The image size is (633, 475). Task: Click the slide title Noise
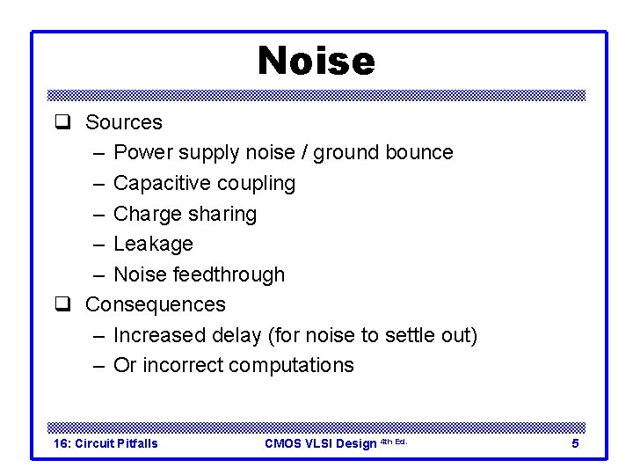pyautogui.click(x=316, y=61)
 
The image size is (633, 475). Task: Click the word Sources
pyautogui.click(x=124, y=122)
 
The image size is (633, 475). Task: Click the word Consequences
pyautogui.click(x=156, y=304)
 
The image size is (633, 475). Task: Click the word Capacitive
pyautogui.click(x=156, y=183)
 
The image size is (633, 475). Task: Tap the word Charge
pyautogui.click(x=148, y=214)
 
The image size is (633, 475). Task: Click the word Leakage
pyautogui.click(x=154, y=244)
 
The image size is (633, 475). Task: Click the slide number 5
pyautogui.click(x=575, y=443)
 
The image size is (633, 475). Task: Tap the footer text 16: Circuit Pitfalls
pyautogui.click(x=105, y=443)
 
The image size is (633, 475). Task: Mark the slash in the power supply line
pyautogui.click(x=302, y=152)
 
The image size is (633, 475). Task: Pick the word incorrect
pyautogui.click(x=182, y=365)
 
